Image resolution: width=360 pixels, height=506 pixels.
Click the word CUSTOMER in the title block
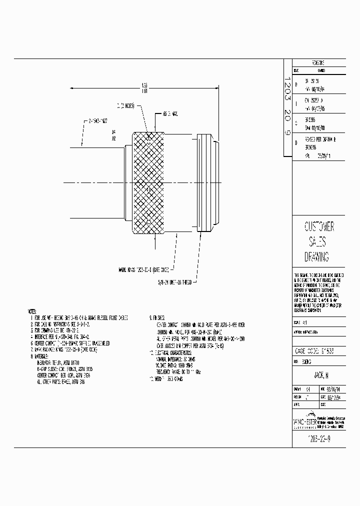tap(319, 226)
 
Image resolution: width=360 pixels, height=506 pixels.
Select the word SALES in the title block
tap(316, 242)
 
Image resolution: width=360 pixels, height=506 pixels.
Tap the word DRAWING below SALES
tap(316, 257)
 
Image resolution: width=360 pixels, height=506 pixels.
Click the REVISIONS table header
tap(318, 64)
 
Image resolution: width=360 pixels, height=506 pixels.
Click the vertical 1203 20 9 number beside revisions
tap(287, 110)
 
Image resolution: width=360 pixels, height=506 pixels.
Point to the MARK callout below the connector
tap(143, 268)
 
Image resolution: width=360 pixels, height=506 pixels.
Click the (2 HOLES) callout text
tap(125, 106)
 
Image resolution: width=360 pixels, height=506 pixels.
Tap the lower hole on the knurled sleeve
tap(149, 221)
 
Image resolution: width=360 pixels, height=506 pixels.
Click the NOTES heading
tap(34, 311)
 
